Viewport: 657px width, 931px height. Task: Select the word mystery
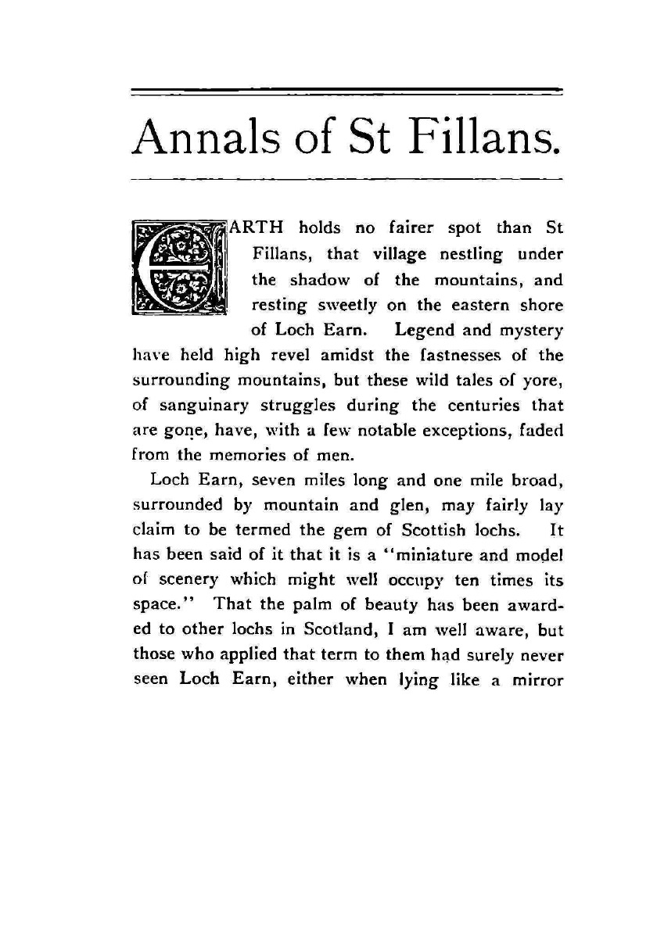tap(530, 330)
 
